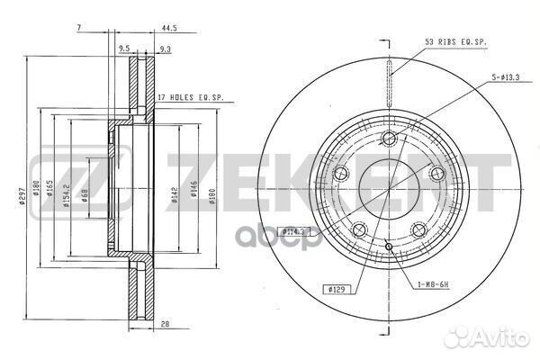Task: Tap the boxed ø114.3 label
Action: coord(292,231)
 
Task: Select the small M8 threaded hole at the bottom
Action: coord(388,247)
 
